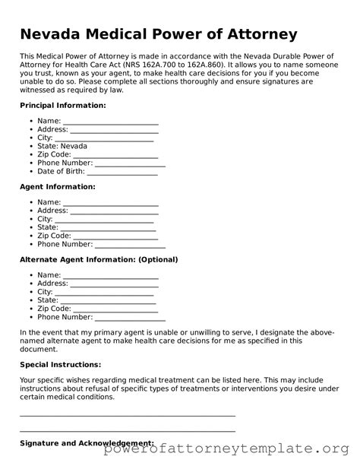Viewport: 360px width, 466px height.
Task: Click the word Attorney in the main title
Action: coord(256,34)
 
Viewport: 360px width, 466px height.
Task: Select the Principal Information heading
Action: coord(62,105)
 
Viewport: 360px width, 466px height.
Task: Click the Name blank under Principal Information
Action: coord(110,122)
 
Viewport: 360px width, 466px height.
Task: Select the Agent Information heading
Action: coord(57,186)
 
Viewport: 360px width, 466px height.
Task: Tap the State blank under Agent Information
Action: coord(107,227)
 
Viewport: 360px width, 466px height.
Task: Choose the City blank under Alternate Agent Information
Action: coord(104,292)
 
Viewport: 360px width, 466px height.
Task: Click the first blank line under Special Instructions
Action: coord(127,415)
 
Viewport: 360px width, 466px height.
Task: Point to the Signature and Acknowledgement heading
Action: coord(87,443)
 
